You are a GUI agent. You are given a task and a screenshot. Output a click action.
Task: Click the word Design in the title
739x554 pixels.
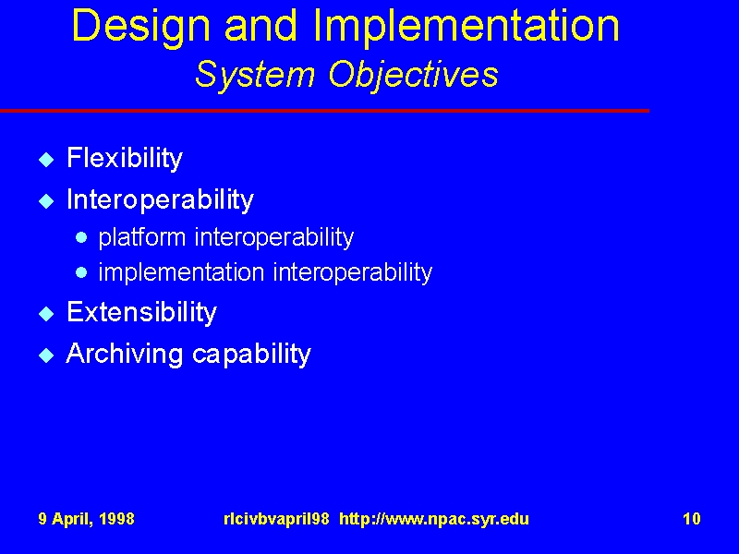coord(141,28)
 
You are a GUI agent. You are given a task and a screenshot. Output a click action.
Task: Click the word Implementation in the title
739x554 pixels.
coord(466,28)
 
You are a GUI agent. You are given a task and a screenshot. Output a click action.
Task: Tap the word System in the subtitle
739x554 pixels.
coord(255,76)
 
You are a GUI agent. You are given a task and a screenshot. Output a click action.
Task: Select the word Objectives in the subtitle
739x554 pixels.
coord(413,76)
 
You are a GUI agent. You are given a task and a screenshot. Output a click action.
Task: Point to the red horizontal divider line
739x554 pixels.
coord(325,111)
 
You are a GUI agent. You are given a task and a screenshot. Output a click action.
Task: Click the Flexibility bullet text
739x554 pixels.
coord(125,159)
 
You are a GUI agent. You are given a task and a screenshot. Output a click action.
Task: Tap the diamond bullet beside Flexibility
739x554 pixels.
coord(46,160)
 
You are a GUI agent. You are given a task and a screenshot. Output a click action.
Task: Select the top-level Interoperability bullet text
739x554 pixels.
coord(160,200)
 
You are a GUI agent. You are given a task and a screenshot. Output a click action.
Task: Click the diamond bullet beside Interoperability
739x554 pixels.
coord(46,201)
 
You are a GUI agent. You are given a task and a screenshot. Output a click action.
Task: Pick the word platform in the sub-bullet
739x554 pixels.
coord(142,237)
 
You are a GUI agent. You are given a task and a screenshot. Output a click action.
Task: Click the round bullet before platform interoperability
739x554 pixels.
coord(81,237)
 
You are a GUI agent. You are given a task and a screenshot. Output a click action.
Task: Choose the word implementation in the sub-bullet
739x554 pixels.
coord(181,272)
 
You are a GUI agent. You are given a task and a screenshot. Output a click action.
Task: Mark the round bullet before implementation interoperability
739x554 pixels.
coord(81,272)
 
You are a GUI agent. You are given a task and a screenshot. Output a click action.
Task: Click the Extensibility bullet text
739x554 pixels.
coord(141,312)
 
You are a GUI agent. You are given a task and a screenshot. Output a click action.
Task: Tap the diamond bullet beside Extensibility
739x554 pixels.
coord(46,313)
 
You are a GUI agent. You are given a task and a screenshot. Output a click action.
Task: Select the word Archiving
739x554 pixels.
coord(125,354)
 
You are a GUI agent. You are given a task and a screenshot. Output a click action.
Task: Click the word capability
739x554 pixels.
coord(251,355)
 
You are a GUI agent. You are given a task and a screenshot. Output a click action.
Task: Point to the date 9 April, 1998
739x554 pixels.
coord(86,519)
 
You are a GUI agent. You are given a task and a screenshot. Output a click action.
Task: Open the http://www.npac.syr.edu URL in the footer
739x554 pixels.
coord(434,519)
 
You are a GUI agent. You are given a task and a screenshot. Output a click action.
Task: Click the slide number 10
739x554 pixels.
coord(691,519)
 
